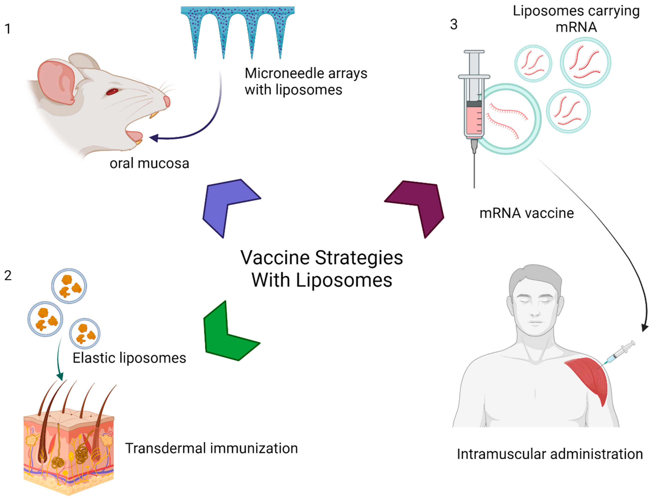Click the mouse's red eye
[x=112, y=91]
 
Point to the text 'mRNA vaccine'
[x=526, y=213]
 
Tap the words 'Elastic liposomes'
[x=129, y=358]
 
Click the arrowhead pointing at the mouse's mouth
[x=154, y=138]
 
